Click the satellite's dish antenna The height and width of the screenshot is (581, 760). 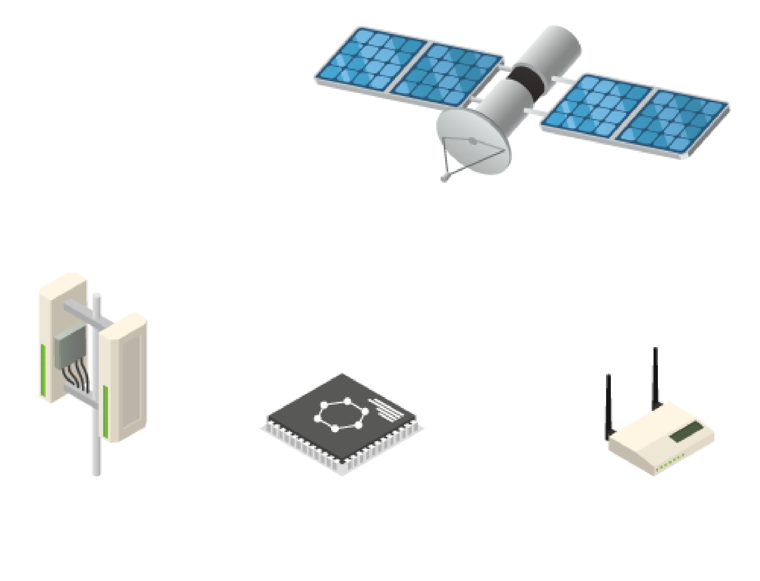click(x=474, y=142)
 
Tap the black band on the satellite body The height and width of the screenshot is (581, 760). click(x=525, y=84)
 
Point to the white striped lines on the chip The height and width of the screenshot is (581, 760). click(x=387, y=409)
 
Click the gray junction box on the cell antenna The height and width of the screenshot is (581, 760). click(x=70, y=347)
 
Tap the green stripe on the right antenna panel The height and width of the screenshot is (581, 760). click(x=105, y=411)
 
